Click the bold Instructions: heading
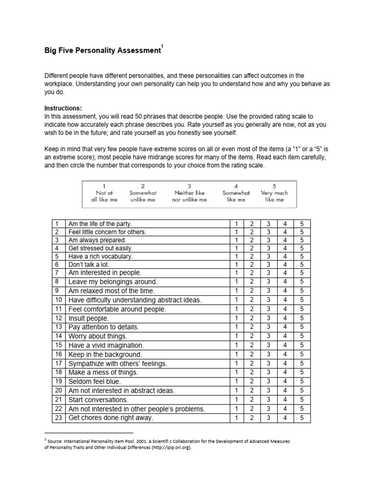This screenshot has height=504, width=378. [x=63, y=108]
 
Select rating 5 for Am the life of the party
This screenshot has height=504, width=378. [x=302, y=224]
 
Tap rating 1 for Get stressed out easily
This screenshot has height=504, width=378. [x=236, y=248]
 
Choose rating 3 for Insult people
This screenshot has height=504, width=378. [x=268, y=318]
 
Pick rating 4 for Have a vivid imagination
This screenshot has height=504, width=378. [x=285, y=345]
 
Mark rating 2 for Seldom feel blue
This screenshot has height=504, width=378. [x=252, y=381]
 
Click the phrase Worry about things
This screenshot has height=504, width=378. [x=98, y=336]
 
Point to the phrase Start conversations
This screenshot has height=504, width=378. [x=98, y=400]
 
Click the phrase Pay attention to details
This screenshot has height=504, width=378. [x=104, y=327]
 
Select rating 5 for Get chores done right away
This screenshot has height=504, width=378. [x=302, y=418]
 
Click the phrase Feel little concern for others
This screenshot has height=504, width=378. [x=107, y=232]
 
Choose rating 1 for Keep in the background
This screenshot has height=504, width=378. [x=236, y=354]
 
